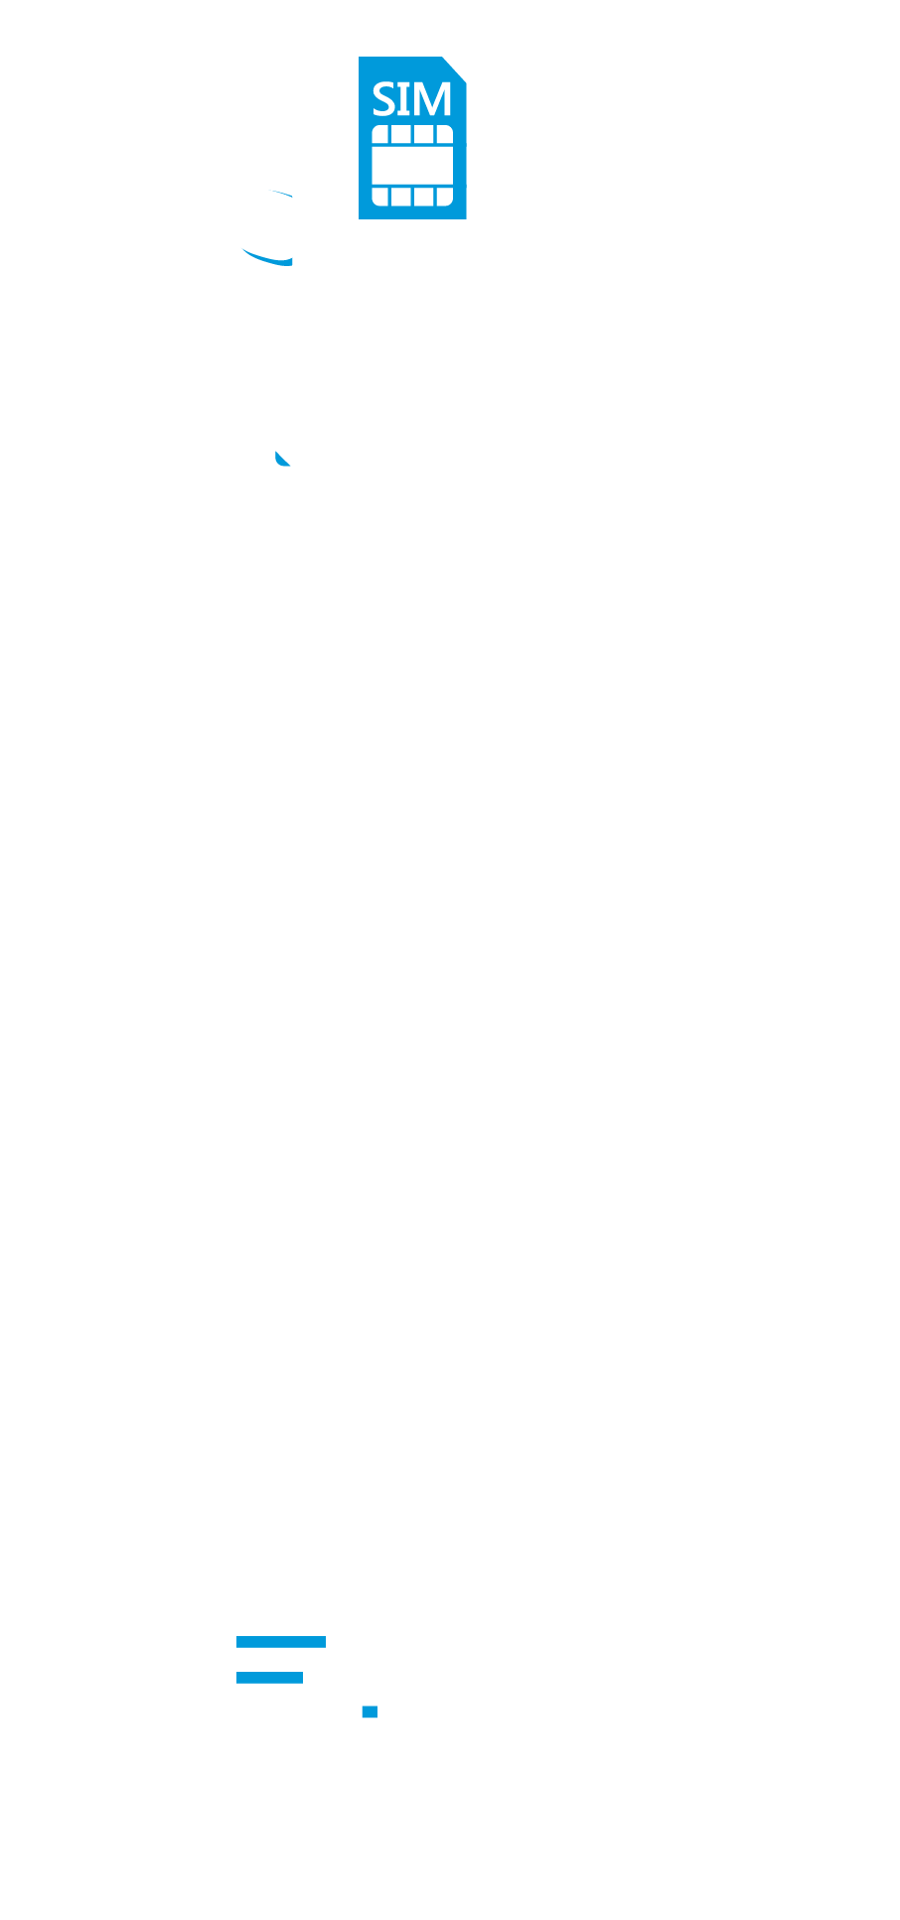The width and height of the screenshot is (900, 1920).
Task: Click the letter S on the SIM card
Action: pyautogui.click(x=382, y=100)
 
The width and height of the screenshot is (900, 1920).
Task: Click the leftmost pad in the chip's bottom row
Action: pyautogui.click(x=380, y=196)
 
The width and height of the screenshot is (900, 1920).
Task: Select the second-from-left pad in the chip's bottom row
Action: pyautogui.click(x=400, y=196)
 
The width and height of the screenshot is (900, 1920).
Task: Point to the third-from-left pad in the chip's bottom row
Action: pyautogui.click(x=424, y=196)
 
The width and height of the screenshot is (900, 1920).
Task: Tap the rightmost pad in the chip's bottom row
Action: pyautogui.click(x=444, y=196)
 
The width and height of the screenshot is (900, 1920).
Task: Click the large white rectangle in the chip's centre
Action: pyautogui.click(x=412, y=165)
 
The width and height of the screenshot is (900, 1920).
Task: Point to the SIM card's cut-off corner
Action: pyautogui.click(x=455, y=69)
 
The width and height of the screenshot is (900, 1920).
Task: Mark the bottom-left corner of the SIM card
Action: pyautogui.click(x=362, y=216)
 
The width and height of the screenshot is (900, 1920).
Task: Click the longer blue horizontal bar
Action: pyautogui.click(x=280, y=1641)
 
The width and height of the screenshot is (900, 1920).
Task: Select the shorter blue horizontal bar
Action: pyautogui.click(x=269, y=1677)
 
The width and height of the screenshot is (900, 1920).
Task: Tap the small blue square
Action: pyautogui.click(x=370, y=1711)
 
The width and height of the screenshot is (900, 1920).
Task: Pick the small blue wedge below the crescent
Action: pyautogui.click(x=283, y=459)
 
